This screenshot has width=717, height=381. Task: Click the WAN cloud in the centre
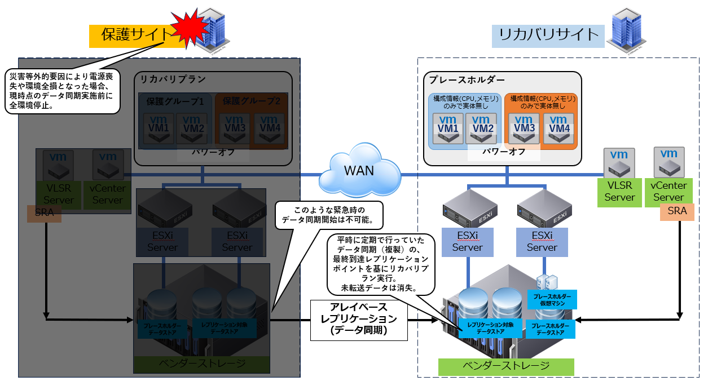pyautogui.click(x=359, y=170)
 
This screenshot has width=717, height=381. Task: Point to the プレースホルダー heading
pyautogui.click(x=467, y=79)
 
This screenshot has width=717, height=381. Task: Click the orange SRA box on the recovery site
pyautogui.click(x=677, y=212)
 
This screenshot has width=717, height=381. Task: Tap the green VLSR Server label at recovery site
pyautogui.click(x=619, y=192)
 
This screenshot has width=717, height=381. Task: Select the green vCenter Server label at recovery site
pyautogui.click(x=668, y=192)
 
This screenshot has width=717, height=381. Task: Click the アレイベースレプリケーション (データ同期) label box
pyautogui.click(x=359, y=320)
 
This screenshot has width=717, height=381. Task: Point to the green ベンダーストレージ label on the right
pyautogui.click(x=506, y=366)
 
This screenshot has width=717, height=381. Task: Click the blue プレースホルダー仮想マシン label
pyautogui.click(x=552, y=299)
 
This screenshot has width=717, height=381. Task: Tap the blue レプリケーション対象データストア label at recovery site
pyautogui.click(x=486, y=329)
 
